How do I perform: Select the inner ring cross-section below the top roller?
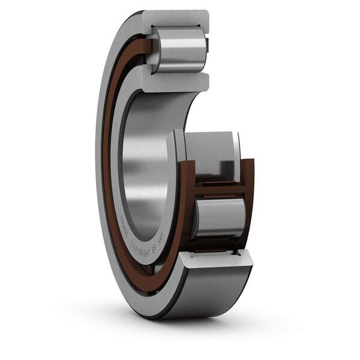(177, 81)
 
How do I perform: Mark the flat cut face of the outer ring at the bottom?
(216, 258)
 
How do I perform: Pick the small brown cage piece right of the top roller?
(207, 45)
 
